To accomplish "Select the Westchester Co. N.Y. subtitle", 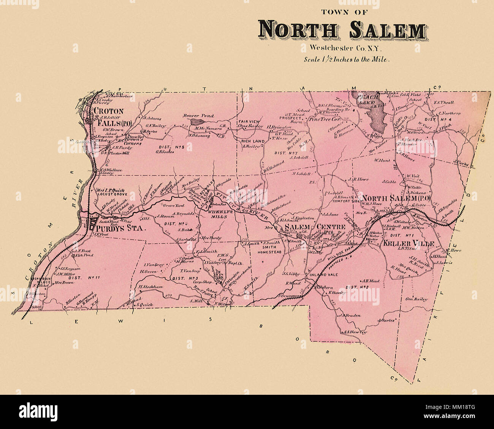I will coord(342,48).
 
